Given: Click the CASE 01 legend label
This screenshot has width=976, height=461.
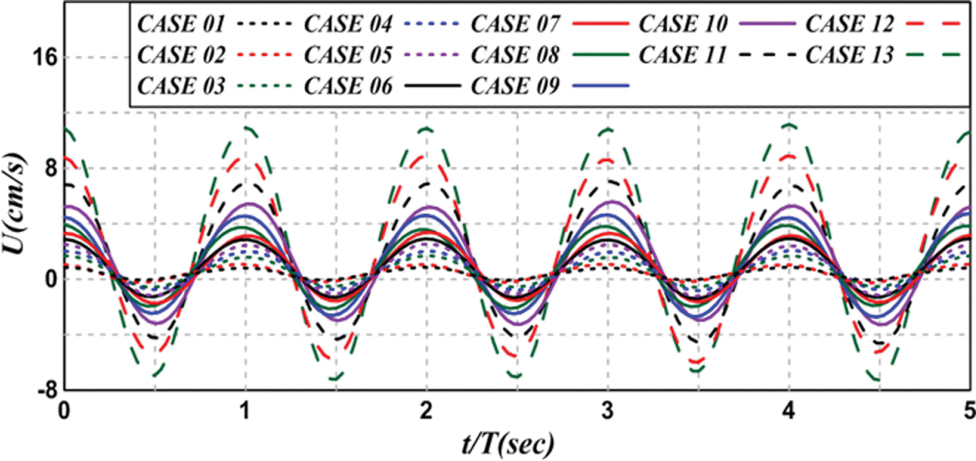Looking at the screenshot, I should [181, 24].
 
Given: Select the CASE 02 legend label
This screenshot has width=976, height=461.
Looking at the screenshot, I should [181, 55].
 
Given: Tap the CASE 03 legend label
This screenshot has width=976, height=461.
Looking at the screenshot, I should [181, 86].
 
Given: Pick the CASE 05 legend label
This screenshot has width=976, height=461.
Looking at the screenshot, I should [348, 55].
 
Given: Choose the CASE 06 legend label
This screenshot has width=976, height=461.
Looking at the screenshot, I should [348, 86].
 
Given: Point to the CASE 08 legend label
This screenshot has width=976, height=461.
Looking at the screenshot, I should [515, 55].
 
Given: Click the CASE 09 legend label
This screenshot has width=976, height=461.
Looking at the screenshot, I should [515, 86].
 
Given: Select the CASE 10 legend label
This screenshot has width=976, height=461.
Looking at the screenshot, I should [683, 24].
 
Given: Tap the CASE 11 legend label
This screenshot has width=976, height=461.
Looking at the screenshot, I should [682, 55].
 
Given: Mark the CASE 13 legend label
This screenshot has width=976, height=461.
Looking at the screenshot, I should [850, 55].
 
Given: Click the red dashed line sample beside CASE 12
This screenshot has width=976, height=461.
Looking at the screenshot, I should [933, 24].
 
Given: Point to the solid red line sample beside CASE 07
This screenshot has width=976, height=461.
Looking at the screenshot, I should [601, 24].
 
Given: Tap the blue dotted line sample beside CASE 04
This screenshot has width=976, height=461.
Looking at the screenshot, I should [432, 24].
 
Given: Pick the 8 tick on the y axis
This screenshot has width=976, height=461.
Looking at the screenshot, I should [50, 169].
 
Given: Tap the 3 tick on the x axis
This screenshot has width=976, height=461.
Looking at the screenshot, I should [608, 411].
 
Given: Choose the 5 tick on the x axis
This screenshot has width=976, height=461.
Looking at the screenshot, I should [969, 411].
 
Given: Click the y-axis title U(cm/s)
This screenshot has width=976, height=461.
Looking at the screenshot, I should [15, 203].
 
